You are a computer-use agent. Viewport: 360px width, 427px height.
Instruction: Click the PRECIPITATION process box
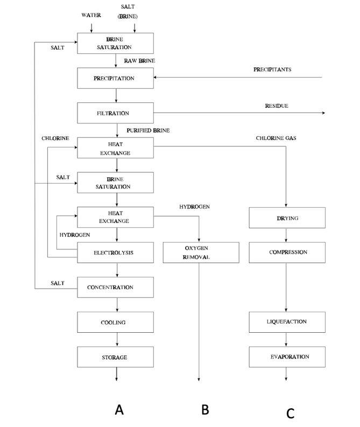click(116, 79)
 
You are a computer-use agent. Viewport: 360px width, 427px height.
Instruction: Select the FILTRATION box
click(116, 114)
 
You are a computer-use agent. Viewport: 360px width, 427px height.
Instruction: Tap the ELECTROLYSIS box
click(116, 253)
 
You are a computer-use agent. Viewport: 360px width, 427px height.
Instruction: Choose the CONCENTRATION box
click(116, 288)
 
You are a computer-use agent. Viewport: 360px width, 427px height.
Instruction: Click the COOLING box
click(116, 323)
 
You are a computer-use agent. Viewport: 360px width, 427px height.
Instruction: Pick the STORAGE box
click(116, 358)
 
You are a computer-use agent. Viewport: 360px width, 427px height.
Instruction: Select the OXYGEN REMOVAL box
click(201, 253)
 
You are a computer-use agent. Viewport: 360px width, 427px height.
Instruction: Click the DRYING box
click(287, 218)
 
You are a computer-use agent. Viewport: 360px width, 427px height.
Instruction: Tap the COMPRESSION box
click(287, 253)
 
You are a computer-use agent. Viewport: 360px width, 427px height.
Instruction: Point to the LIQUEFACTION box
click(287, 322)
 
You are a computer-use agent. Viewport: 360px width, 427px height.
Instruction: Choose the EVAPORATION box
click(287, 357)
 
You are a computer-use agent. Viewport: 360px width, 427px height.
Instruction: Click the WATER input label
click(91, 16)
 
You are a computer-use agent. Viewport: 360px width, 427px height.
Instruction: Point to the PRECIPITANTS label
click(272, 70)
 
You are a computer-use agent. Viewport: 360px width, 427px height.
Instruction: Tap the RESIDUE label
click(276, 106)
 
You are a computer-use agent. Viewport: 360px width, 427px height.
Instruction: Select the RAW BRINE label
click(139, 61)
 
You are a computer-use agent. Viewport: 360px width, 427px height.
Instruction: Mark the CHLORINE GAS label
click(276, 138)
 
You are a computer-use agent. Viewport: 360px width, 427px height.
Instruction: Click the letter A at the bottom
click(119, 410)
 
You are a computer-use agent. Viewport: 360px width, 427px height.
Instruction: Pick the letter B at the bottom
click(205, 410)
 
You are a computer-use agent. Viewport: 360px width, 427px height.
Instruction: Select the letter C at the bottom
click(290, 413)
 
